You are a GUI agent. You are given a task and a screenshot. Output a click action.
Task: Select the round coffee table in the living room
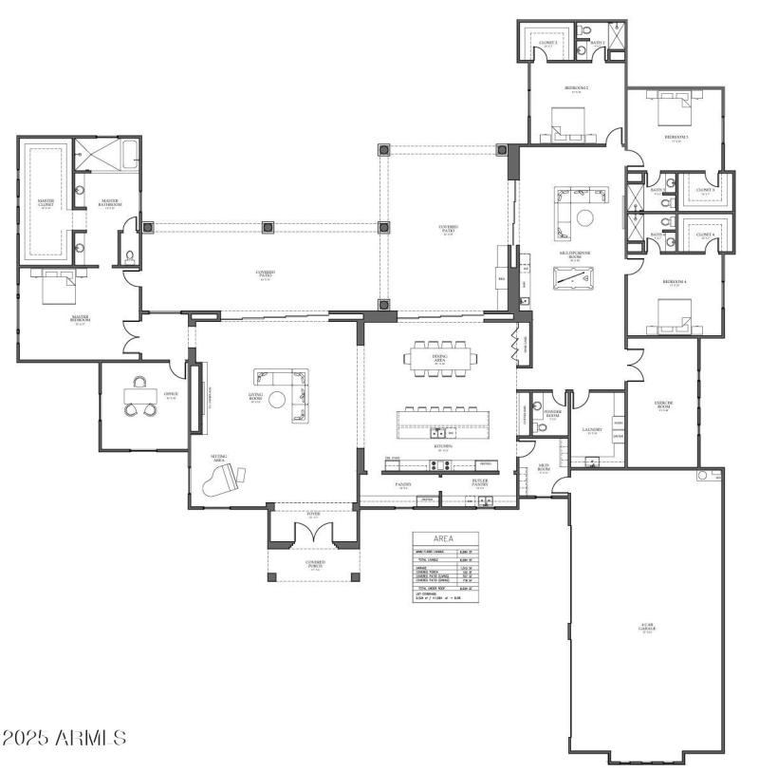276,399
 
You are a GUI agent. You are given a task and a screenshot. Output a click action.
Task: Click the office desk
142,398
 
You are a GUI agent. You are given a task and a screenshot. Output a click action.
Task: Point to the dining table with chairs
439,359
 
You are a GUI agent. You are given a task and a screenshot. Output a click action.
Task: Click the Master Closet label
45,203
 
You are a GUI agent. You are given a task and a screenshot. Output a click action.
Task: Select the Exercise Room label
663,406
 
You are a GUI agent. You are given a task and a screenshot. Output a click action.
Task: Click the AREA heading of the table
445,538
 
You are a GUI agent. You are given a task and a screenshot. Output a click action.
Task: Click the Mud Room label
544,468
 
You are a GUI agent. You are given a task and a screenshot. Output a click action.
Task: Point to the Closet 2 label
549,44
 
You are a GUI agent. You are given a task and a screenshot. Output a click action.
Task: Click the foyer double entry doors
314,533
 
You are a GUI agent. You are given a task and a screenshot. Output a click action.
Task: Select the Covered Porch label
315,563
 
